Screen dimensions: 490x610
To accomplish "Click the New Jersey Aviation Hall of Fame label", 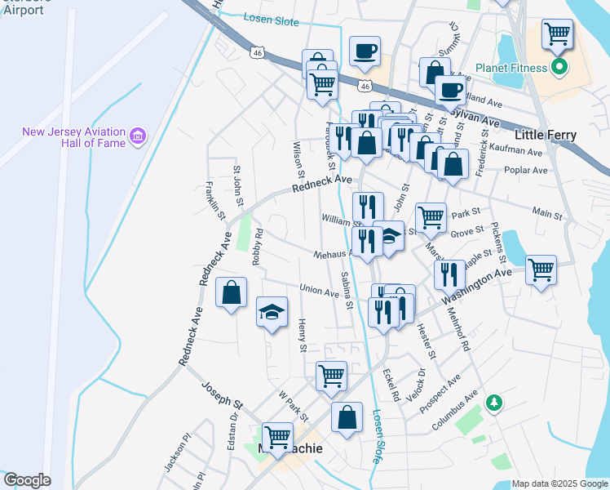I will [73, 137].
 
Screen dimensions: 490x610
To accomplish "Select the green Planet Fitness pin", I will [559, 67].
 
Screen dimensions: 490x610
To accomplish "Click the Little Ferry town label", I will [545, 135].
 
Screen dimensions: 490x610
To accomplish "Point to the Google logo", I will [26, 480].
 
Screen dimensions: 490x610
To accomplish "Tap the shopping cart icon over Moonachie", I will [277, 435].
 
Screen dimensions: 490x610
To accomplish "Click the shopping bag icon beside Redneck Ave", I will [232, 292].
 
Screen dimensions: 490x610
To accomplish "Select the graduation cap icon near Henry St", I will [272, 311].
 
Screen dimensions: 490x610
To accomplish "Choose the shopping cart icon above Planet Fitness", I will [557, 33].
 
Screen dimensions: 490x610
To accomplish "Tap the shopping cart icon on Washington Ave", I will [541, 269].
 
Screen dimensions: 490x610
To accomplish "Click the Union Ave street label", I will [319, 291].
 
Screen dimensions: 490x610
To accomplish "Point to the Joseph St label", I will [223, 394].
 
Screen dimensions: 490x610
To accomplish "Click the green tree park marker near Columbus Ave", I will [493, 403].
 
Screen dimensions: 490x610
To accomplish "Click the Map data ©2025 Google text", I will [559, 483].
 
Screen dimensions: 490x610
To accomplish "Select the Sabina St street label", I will [347, 291].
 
